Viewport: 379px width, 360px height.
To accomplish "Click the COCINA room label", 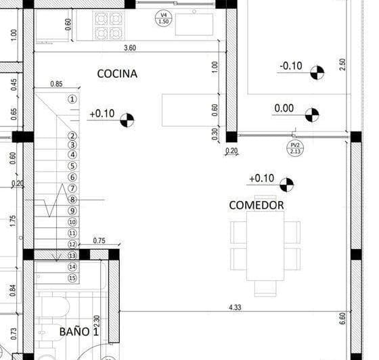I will [117, 73].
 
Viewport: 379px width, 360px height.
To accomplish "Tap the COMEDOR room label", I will [256, 204].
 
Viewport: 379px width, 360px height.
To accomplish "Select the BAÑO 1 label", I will [79, 332].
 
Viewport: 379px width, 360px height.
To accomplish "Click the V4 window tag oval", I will [162, 18].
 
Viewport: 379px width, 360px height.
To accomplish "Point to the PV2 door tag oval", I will [296, 148].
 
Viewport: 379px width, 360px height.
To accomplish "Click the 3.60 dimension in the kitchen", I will [130, 48].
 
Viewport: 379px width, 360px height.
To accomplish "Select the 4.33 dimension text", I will [236, 308].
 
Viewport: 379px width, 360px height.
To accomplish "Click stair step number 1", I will [72, 99].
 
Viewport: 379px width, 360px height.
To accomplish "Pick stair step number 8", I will [72, 200].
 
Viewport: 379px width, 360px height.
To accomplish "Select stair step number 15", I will [72, 278].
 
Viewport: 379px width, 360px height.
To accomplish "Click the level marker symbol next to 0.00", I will [311, 115].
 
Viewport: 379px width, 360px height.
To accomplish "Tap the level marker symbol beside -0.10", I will [316, 72].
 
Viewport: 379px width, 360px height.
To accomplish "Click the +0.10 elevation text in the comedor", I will [261, 179].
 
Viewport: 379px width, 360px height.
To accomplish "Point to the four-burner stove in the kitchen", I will [108, 26].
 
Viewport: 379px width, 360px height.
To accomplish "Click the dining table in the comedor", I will [265, 245].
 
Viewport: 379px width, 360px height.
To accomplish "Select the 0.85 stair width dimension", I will [57, 85].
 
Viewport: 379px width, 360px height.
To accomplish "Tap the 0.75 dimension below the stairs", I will [99, 240].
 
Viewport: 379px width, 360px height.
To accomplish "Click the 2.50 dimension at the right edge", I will [342, 64].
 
